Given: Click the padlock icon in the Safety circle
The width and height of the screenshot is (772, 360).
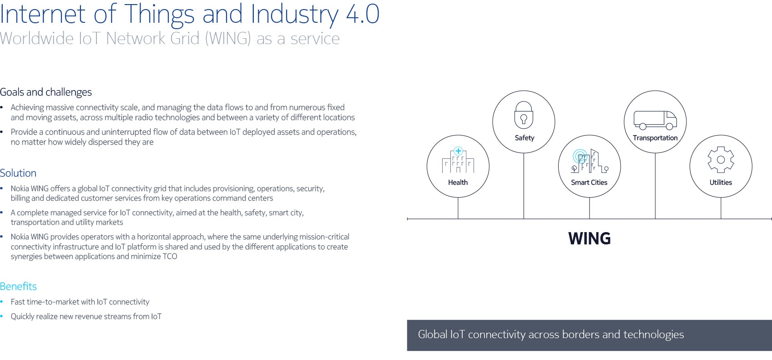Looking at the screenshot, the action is pyautogui.click(x=524, y=115).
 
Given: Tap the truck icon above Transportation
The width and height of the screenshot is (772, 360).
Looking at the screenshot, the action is pyautogui.click(x=655, y=120).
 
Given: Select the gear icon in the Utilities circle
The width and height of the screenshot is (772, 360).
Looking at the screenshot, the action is pyautogui.click(x=721, y=160).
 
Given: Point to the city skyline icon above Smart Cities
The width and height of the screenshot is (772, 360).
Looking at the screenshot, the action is pyautogui.click(x=589, y=161).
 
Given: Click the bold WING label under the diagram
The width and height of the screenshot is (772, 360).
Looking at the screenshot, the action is pyautogui.click(x=589, y=238).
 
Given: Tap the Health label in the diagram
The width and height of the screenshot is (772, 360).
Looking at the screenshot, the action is pyautogui.click(x=458, y=183).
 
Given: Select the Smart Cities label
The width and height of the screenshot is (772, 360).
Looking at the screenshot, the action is pyautogui.click(x=589, y=183).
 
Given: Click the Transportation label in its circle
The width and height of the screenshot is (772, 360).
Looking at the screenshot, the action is pyautogui.click(x=655, y=138).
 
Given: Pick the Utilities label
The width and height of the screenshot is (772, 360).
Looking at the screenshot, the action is pyautogui.click(x=721, y=183).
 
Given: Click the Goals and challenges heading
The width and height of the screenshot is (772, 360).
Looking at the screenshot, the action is pyautogui.click(x=46, y=92).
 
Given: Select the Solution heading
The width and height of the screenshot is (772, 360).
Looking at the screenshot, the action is pyautogui.click(x=18, y=173).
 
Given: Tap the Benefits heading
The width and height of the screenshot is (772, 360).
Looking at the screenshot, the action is pyautogui.click(x=18, y=286).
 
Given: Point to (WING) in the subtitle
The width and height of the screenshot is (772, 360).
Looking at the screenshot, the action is pyautogui.click(x=228, y=39).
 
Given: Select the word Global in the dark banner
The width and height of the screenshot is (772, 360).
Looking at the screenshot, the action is pyautogui.click(x=433, y=334).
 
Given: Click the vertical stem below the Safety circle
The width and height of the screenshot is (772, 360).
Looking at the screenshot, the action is pyautogui.click(x=524, y=186).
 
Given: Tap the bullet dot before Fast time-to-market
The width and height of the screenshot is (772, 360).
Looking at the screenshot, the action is pyautogui.click(x=2, y=302).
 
